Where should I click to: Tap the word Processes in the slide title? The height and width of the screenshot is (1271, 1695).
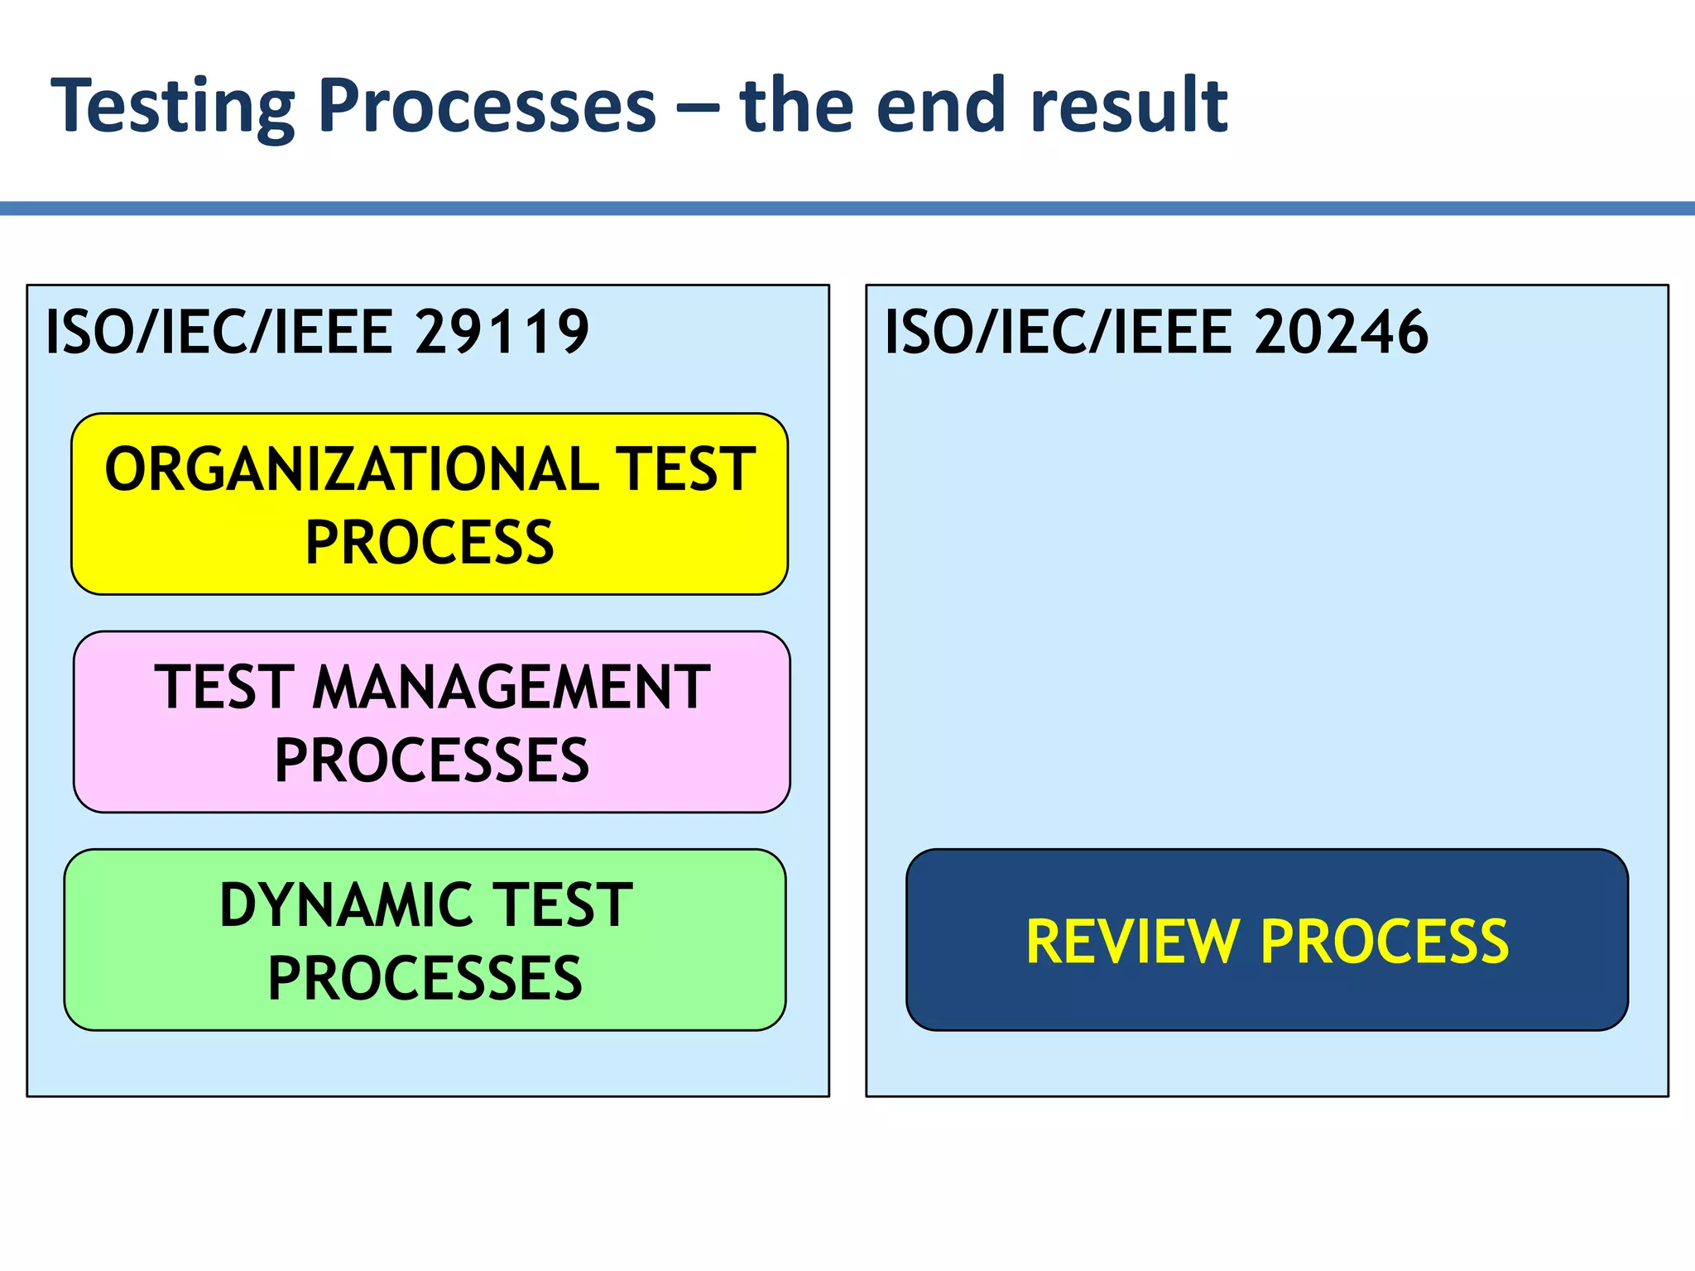point(487,106)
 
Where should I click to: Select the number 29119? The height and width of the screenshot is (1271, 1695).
point(502,332)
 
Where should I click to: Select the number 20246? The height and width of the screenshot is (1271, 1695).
point(1341,332)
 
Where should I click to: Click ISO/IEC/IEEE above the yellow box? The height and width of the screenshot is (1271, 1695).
point(218,332)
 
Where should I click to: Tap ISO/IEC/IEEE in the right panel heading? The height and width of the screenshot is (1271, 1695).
point(1058,332)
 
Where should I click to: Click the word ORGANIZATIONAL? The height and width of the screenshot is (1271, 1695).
point(352,469)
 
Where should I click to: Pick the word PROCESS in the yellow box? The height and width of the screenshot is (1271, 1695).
point(430,543)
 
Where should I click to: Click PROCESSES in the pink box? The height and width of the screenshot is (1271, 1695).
point(431,760)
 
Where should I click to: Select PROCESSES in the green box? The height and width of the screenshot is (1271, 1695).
point(425,978)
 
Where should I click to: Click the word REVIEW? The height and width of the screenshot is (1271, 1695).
point(1131,942)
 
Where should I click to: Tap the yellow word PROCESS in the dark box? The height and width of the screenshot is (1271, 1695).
point(1385,942)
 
